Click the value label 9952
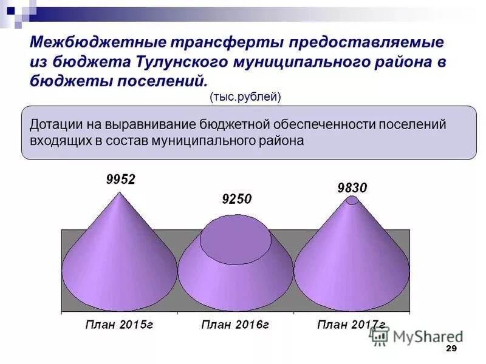pos(120,179)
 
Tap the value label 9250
pos(236,199)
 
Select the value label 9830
pos(352,188)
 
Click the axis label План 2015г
pos(119,325)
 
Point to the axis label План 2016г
pos(235,325)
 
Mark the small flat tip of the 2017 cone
pos(352,201)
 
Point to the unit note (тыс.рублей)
pos(245,96)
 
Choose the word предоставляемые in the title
pos(366,43)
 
